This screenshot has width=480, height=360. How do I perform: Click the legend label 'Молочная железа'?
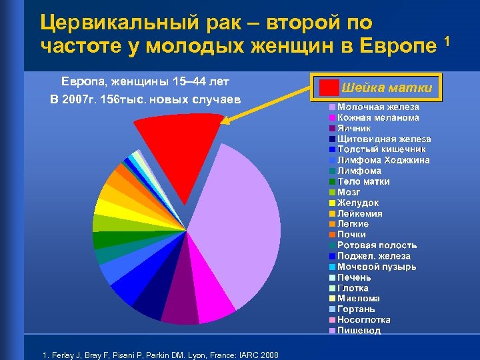click(x=377, y=107)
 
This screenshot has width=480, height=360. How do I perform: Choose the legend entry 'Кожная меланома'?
click(x=377, y=117)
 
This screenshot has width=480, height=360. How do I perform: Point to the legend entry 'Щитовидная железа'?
click(x=383, y=139)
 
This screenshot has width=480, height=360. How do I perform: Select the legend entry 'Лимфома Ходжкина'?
click(x=383, y=160)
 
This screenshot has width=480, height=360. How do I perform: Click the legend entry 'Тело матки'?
click(x=363, y=181)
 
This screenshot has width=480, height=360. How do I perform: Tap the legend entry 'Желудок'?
click(x=358, y=203)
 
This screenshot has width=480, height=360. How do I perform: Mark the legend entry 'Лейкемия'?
click(x=360, y=213)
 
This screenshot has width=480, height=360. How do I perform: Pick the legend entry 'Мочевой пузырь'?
click(x=377, y=267)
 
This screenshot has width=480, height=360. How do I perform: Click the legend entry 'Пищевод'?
click(x=359, y=331)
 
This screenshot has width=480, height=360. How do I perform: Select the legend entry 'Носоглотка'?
click(x=364, y=320)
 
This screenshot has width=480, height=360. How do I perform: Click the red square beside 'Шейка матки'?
click(x=328, y=88)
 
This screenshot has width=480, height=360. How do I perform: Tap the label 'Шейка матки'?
click(x=387, y=88)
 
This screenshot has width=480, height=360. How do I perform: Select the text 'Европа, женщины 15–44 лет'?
click(x=145, y=81)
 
